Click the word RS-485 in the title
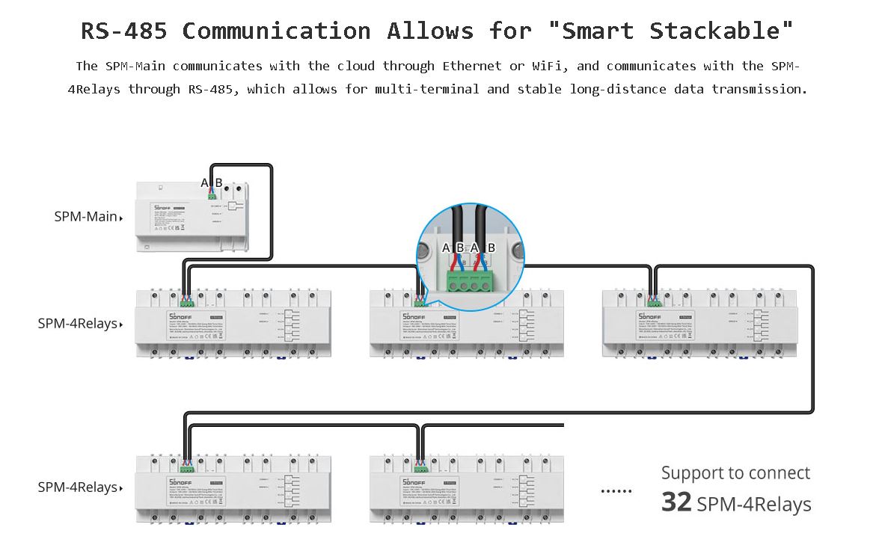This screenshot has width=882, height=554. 124,31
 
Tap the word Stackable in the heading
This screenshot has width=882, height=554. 721,31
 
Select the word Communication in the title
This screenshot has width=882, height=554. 276,31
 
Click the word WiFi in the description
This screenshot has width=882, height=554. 552,66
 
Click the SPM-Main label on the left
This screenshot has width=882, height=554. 85,217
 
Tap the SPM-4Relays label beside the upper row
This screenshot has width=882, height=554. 78,324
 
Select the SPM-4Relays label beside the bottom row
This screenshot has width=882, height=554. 78,487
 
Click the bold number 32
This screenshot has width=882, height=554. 676,502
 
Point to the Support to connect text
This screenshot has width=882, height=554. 735,473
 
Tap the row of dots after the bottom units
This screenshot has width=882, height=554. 616,491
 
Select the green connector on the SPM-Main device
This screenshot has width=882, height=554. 212,197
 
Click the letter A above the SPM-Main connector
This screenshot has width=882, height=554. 204,183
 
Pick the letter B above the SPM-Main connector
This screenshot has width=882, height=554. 218,183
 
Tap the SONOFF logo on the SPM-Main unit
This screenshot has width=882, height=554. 163,206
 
